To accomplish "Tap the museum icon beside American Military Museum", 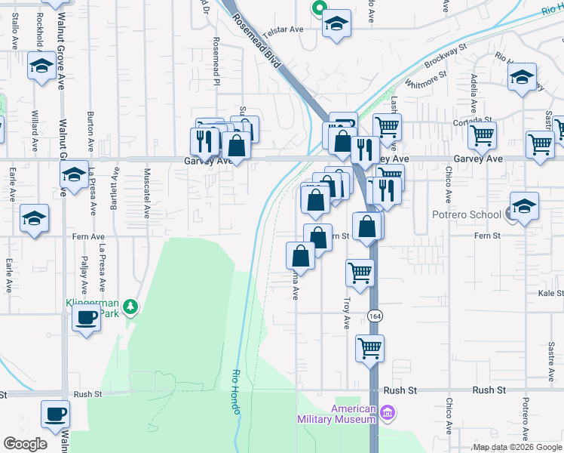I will (x=388, y=413).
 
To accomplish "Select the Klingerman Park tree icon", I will (x=131, y=306).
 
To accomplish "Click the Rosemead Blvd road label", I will (x=258, y=42).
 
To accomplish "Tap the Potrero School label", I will (x=466, y=214).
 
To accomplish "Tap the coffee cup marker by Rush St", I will (x=57, y=414).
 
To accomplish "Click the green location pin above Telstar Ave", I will (x=318, y=8).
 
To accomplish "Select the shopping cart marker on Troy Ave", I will (x=360, y=272).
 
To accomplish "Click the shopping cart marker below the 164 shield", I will (x=369, y=348).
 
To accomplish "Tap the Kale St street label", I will (x=550, y=293).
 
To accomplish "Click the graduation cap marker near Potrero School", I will (x=524, y=205).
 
